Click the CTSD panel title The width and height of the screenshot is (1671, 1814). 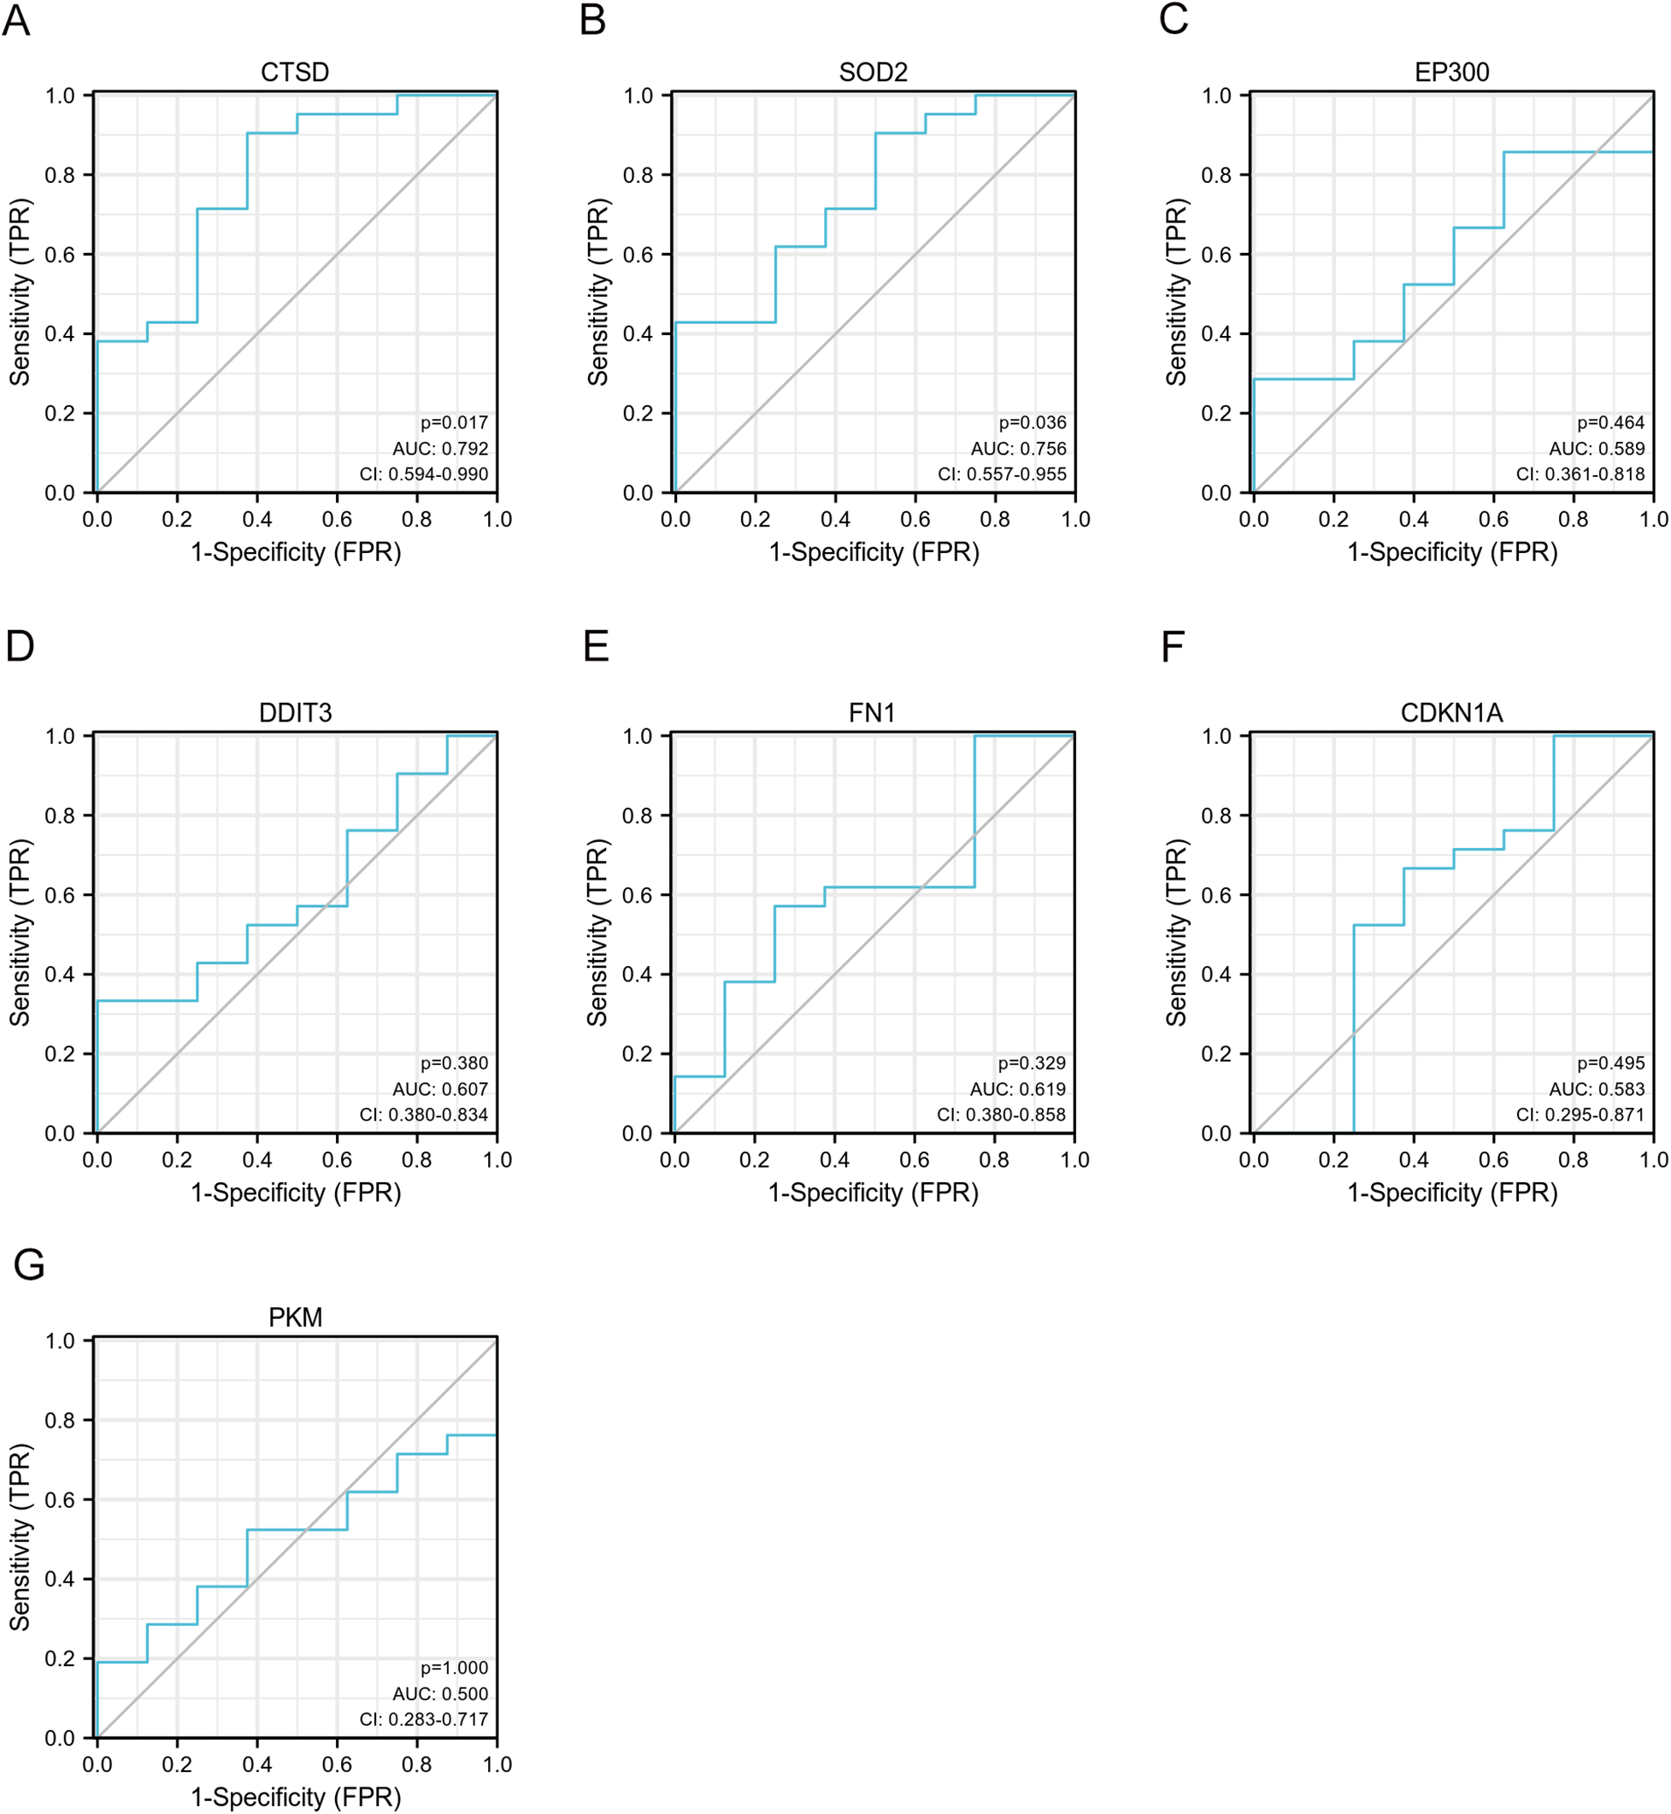[x=295, y=73]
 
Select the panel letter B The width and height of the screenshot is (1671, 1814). [x=592, y=20]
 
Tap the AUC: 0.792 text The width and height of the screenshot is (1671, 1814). [x=439, y=449]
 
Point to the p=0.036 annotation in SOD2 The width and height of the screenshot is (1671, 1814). [x=1032, y=422]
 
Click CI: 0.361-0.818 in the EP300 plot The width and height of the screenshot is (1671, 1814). [x=1580, y=474]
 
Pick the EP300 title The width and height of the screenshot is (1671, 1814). [x=1451, y=73]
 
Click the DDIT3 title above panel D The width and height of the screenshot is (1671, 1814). [x=295, y=713]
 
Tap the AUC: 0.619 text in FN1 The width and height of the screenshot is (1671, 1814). [x=1017, y=1089]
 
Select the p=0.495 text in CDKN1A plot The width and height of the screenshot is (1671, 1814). [x=1610, y=1063]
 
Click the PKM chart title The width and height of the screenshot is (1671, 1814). [x=295, y=1317]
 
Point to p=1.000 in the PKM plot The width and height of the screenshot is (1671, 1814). [x=454, y=1668]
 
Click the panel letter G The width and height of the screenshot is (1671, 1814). [x=29, y=1264]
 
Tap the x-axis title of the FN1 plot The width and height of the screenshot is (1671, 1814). [x=874, y=1193]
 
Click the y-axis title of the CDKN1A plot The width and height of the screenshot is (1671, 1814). [x=1175, y=933]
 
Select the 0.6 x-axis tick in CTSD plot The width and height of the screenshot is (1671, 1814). [x=338, y=519]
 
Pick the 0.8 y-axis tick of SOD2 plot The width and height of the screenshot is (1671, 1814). [x=638, y=174]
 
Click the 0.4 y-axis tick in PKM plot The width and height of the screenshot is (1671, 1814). [x=60, y=1579]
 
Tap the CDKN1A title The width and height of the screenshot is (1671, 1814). [x=1451, y=713]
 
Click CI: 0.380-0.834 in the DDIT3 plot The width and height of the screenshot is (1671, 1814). [x=423, y=1115]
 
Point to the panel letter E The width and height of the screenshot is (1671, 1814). [x=596, y=646]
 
